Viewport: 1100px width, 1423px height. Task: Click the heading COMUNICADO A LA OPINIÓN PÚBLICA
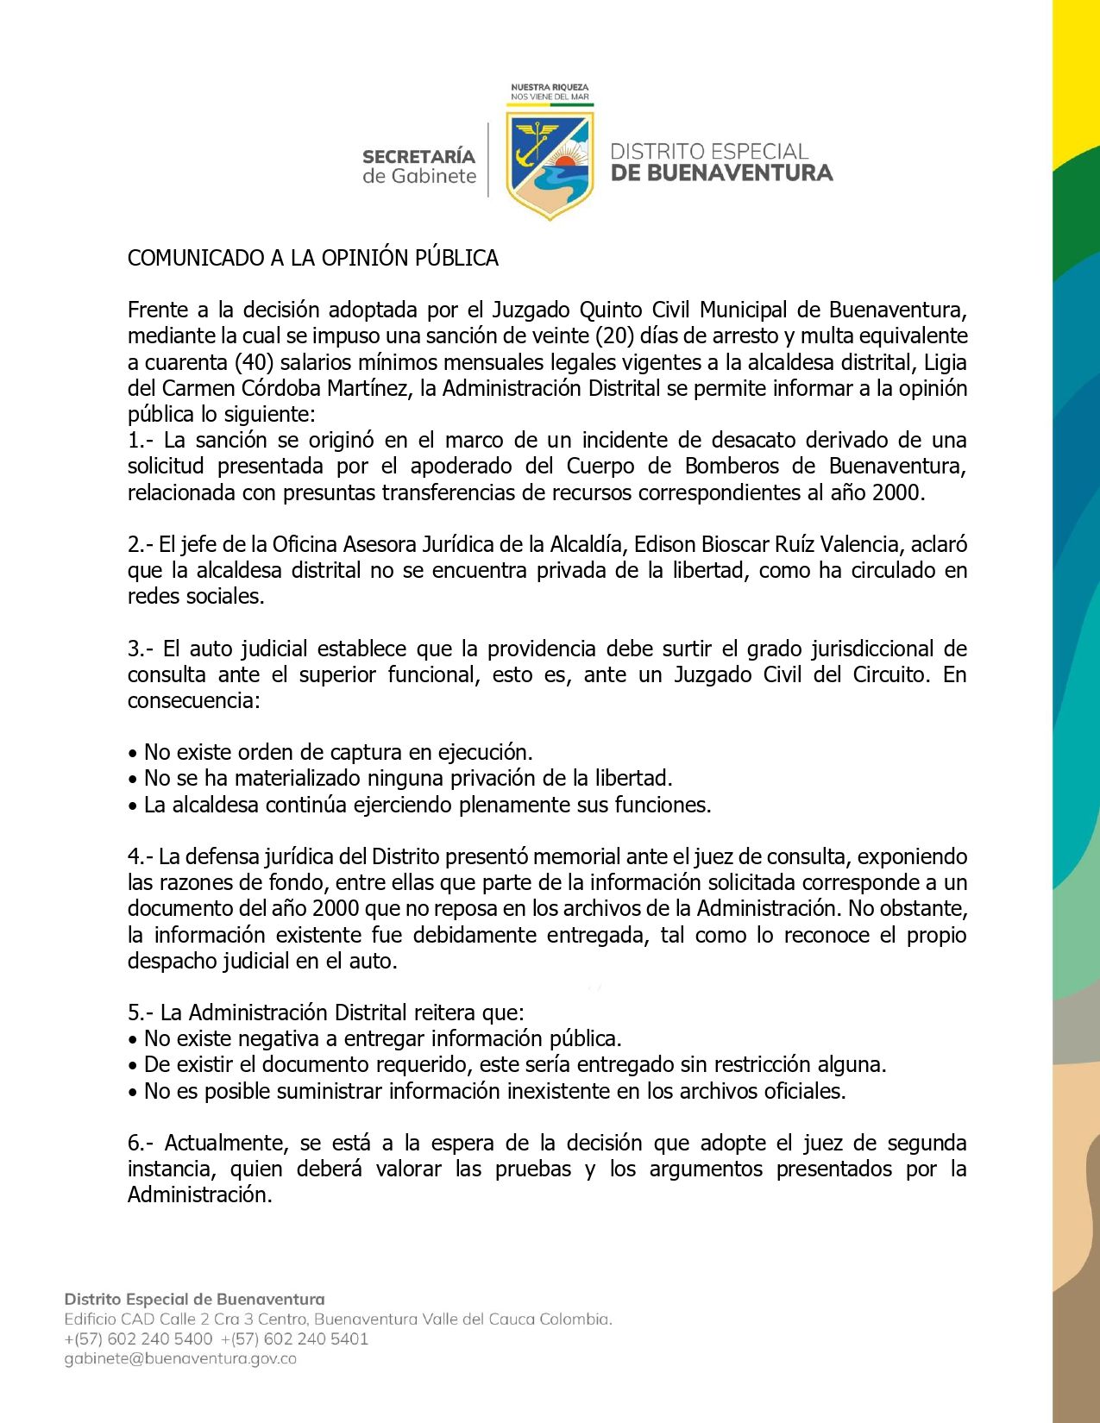(x=312, y=258)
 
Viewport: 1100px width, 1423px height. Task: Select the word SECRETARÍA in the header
(x=418, y=156)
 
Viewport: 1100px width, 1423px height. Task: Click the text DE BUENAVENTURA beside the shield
(x=721, y=172)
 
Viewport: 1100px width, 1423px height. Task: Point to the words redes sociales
(x=196, y=596)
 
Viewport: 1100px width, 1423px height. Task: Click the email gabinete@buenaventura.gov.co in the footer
(x=180, y=1358)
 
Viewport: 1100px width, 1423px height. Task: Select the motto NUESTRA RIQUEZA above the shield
(x=550, y=87)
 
